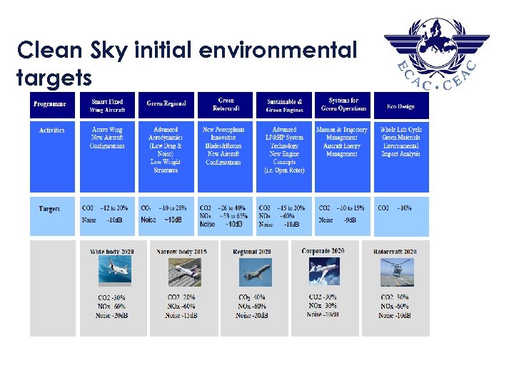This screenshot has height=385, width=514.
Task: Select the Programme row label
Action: click(x=49, y=104)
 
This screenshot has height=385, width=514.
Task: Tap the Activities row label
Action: click(x=51, y=130)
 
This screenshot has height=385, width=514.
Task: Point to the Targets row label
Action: click(x=49, y=209)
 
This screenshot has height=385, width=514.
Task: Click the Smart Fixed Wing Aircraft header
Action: click(x=107, y=106)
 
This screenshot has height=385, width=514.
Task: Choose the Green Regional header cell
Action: click(x=166, y=104)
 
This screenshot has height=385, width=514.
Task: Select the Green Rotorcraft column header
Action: click(x=225, y=105)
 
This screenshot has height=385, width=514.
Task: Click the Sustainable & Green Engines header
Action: click(x=284, y=106)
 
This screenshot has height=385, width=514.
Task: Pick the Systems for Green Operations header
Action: click(x=343, y=105)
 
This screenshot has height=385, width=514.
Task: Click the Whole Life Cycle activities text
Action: click(x=401, y=142)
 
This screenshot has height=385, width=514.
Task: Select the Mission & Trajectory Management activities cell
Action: click(x=342, y=142)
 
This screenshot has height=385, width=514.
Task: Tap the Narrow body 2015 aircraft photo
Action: click(x=182, y=272)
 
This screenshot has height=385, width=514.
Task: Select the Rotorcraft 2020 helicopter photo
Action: click(x=394, y=272)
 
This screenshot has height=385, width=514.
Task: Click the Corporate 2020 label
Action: click(x=323, y=251)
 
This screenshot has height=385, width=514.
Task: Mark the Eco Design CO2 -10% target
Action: click(x=395, y=208)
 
